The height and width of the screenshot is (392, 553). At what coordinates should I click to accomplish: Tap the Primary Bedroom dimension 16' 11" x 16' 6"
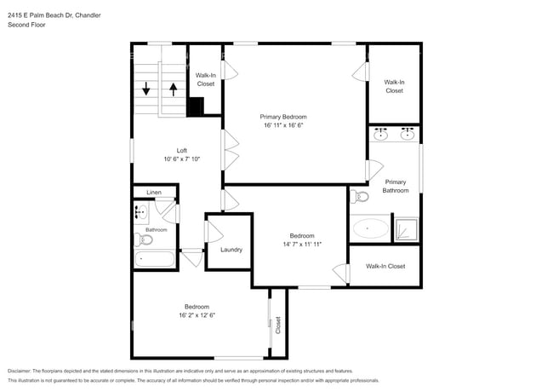(282, 125)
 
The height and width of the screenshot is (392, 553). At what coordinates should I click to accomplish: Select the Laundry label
(231, 250)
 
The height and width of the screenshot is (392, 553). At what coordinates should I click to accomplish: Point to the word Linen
(154, 193)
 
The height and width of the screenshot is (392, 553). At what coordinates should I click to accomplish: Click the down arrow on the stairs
(146, 87)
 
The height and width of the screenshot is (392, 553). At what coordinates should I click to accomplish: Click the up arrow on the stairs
(173, 87)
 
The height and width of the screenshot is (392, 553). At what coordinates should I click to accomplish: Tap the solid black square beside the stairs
(196, 107)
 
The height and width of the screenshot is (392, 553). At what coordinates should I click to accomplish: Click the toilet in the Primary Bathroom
(359, 197)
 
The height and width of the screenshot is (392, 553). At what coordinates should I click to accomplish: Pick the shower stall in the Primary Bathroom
(408, 228)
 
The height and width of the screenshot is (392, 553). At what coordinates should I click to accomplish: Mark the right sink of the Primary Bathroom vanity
(408, 134)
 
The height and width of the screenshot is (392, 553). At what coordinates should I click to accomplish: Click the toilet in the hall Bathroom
(144, 239)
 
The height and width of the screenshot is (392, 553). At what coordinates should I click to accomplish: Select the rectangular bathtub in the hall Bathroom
(154, 259)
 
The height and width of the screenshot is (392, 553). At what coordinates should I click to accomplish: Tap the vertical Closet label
(277, 324)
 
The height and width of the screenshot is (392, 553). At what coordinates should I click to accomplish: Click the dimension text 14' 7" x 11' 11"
(301, 245)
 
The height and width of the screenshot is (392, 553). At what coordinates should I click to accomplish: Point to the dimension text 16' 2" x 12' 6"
(197, 315)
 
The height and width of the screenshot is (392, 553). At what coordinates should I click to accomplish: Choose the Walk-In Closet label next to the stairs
(205, 79)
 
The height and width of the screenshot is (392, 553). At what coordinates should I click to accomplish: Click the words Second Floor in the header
(26, 25)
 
